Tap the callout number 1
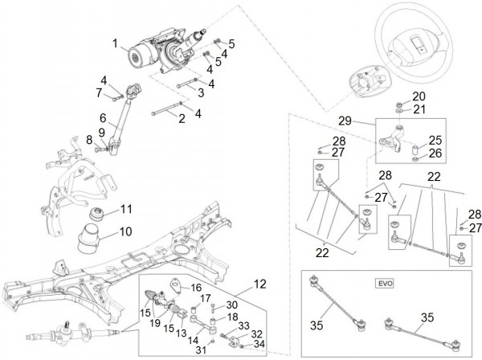(115, 43)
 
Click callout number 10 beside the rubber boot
(126, 231)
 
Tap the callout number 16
(195, 287)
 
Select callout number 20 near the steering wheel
(419, 96)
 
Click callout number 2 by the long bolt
(182, 119)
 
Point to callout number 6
(103, 117)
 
